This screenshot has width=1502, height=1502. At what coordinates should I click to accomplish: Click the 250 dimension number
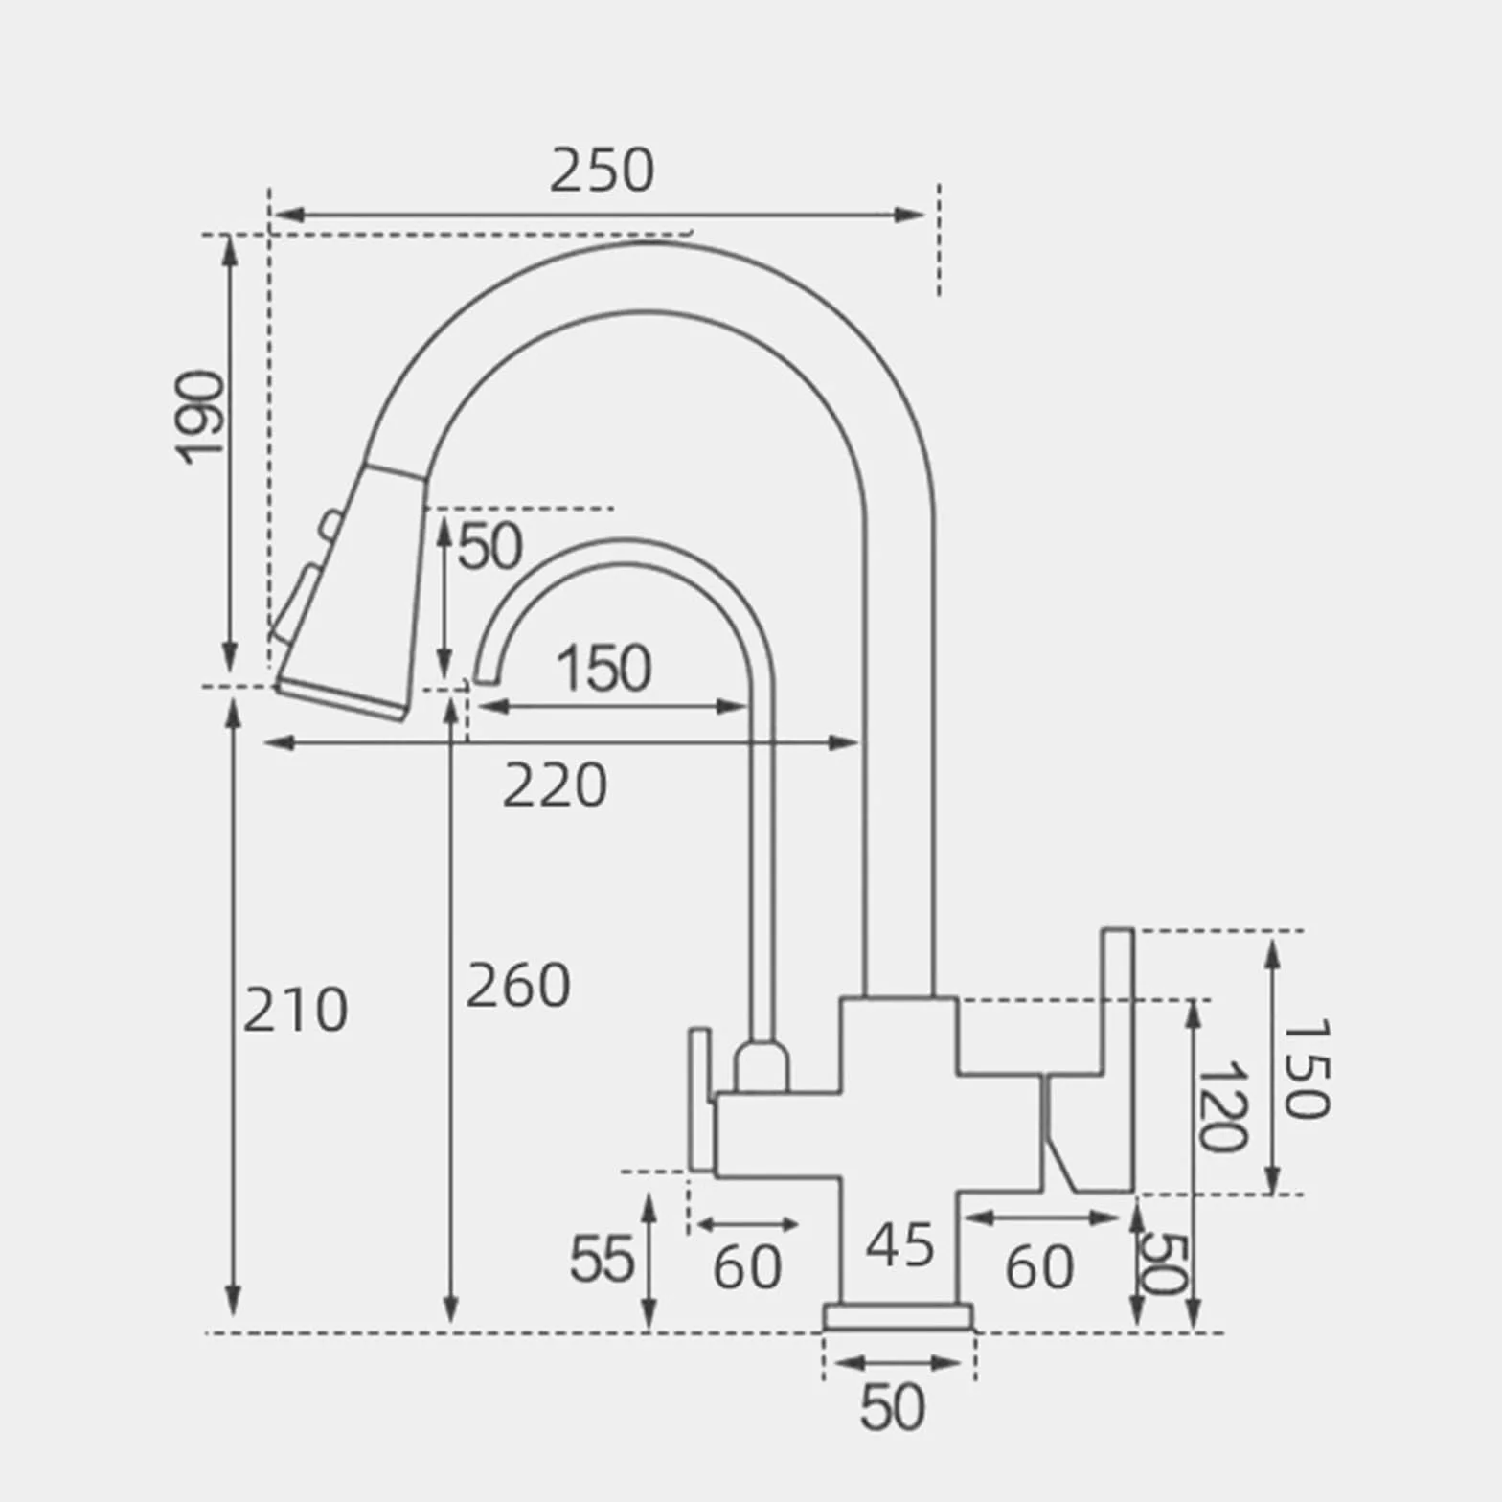[x=602, y=171]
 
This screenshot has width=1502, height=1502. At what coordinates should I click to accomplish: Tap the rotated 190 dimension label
[x=202, y=417]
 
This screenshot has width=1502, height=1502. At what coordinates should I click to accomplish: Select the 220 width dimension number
[x=555, y=785]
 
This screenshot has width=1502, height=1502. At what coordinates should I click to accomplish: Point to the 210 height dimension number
[x=295, y=1011]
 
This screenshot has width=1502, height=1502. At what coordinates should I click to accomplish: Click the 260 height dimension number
[x=518, y=986]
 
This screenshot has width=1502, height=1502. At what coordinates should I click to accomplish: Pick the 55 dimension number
[x=602, y=1259]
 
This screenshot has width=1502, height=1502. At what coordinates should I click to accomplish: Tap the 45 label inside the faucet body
[x=899, y=1245]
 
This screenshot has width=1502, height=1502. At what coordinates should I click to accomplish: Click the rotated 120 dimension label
[x=1222, y=1106]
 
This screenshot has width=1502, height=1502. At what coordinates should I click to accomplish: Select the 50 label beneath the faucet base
[x=893, y=1407]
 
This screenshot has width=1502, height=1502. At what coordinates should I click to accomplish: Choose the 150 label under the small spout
[x=603, y=668]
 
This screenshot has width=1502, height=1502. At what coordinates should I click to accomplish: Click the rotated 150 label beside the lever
[x=1306, y=1068]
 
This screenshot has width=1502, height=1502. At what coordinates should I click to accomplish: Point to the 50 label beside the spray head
[x=490, y=547]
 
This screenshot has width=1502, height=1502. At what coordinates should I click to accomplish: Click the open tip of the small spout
[x=487, y=678]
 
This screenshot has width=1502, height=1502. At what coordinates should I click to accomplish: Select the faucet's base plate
[x=899, y=1317]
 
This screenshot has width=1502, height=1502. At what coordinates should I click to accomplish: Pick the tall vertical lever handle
[x=1117, y=1060]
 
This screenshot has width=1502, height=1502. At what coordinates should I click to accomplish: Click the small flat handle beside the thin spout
[x=700, y=1100]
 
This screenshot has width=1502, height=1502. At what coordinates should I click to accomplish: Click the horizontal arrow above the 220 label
[x=561, y=742]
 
